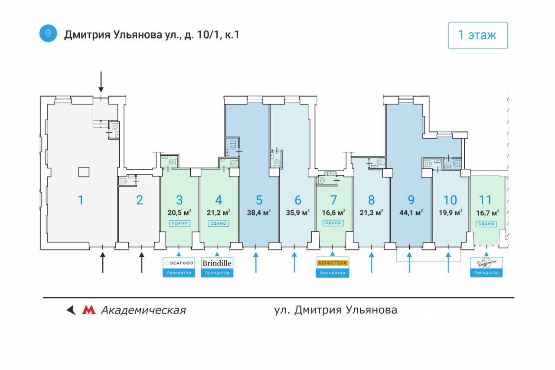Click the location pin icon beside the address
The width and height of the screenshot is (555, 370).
coord(48,33)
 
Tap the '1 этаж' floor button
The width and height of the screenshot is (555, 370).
coord(477,35)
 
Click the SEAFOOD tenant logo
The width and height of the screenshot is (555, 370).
coord(179,263)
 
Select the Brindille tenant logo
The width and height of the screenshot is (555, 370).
coord(217,263)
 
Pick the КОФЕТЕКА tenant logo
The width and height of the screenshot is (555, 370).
coord(333,263)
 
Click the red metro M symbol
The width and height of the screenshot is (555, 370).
coord(89,310)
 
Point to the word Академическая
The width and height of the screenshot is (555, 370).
coord(143,310)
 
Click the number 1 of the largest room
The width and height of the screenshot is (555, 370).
coord(80,200)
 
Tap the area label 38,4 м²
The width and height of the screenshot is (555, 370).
coord(259,213)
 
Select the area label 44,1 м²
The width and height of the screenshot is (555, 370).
coord(411,213)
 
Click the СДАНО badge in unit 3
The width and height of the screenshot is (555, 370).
coord(179,223)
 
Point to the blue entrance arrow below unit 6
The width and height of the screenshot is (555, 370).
coord(294,262)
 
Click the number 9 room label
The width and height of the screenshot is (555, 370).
coord(411,200)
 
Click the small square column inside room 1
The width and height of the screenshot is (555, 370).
coord(84,172)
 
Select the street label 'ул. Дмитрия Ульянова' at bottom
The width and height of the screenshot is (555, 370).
coord(336,310)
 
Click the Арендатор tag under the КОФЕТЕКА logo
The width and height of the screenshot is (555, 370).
coord(333,273)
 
